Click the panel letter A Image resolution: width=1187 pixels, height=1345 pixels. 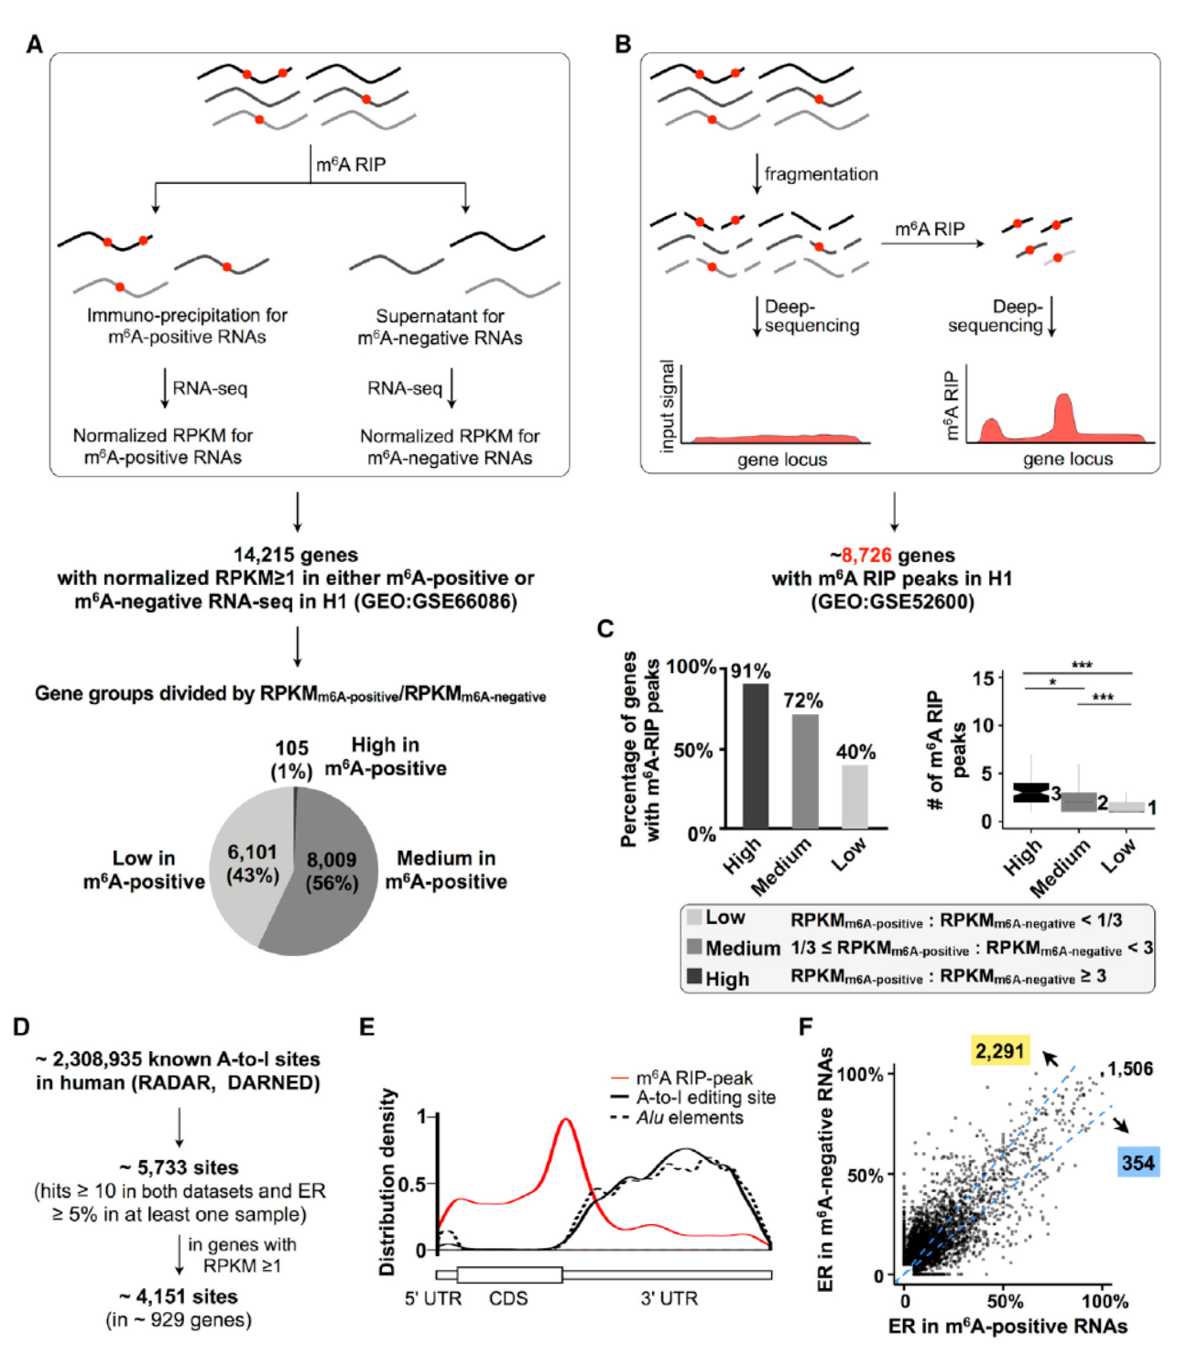pyautogui.click(x=35, y=44)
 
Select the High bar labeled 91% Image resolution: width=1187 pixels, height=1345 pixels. pyautogui.click(x=756, y=755)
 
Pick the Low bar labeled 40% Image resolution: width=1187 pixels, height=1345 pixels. pyautogui.click(x=855, y=796)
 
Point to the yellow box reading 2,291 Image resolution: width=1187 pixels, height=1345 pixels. pyautogui.click(x=999, y=1050)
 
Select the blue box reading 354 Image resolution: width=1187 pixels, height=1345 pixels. pyautogui.click(x=1138, y=1163)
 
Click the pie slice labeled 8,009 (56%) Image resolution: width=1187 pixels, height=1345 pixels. pyautogui.click(x=334, y=870)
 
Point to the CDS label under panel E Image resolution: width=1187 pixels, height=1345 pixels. pyautogui.click(x=508, y=1298)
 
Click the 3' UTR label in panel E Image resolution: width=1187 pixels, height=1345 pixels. pyautogui.click(x=669, y=1298)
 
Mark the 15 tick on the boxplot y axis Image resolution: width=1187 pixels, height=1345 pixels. pyautogui.click(x=983, y=678)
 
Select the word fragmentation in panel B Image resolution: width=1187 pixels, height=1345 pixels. pyautogui.click(x=821, y=174)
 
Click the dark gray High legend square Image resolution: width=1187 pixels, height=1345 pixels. pyautogui.click(x=694, y=976)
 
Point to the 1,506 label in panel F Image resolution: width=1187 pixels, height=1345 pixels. pyautogui.click(x=1130, y=1068)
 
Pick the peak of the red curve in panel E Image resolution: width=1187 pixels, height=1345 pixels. pyautogui.click(x=567, y=1119)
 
